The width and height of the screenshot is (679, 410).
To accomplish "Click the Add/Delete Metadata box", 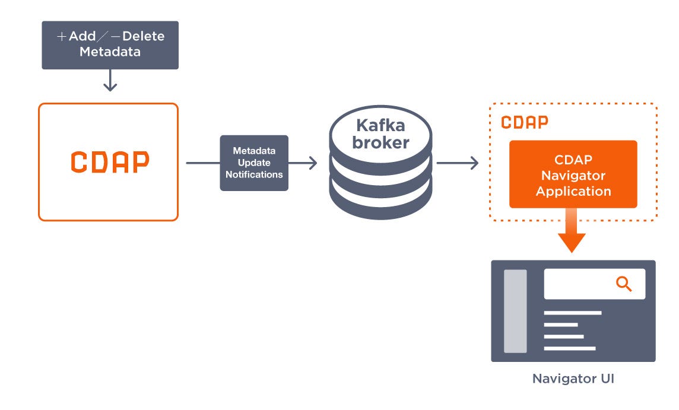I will (x=110, y=45).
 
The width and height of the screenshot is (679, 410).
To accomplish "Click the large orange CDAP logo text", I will (x=110, y=162).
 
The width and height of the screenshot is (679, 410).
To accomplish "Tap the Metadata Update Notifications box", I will (x=254, y=163).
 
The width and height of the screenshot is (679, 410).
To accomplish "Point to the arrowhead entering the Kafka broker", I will (x=312, y=163).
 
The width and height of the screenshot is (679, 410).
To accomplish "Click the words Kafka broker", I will (x=380, y=134).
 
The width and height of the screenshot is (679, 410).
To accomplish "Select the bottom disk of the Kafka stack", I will (x=380, y=199).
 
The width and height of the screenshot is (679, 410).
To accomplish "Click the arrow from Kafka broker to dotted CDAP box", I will (x=457, y=163).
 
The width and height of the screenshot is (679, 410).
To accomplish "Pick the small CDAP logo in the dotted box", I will (x=524, y=122).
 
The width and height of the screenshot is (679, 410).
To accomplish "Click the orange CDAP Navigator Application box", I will (x=573, y=174).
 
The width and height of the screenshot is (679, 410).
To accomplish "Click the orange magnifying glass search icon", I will (x=624, y=284).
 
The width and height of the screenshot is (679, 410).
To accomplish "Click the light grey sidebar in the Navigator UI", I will (x=515, y=311).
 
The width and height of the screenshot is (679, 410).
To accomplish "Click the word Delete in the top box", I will (x=143, y=36).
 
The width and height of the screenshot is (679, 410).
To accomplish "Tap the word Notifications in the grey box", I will (x=254, y=175).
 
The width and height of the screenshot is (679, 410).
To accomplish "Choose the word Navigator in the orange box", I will (x=573, y=176).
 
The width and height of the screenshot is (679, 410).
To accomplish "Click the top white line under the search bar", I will (x=572, y=313).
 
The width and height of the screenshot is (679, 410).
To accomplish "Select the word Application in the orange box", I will (x=573, y=191).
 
